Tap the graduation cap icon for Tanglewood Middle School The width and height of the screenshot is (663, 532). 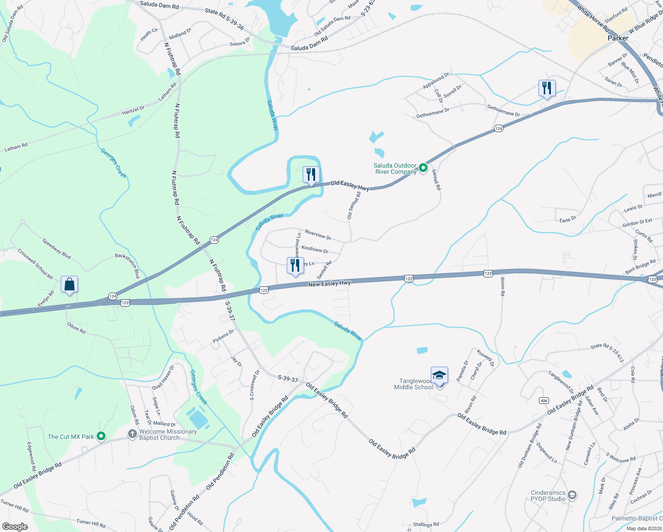439,376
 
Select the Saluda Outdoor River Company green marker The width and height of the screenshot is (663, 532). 423,168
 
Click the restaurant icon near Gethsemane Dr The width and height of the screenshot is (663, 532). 547,88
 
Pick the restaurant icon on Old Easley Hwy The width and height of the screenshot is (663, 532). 311,175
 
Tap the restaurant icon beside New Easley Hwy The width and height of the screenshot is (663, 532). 295,266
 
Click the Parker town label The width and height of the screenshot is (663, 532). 618,38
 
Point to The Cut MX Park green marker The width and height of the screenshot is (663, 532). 101,437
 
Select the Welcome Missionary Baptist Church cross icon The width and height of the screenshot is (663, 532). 132,434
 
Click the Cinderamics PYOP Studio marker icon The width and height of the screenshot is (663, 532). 572,495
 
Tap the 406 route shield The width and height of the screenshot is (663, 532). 544,400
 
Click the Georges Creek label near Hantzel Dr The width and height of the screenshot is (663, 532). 113,163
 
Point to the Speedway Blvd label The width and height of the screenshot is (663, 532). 56,248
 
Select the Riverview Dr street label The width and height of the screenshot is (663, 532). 318,235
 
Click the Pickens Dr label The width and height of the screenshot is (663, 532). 223,336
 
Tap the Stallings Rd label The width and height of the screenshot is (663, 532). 426,524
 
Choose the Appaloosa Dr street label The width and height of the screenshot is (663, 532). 436,81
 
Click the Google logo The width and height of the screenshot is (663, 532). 15,527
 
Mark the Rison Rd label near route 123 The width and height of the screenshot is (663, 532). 502,287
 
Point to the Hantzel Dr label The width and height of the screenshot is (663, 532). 133,110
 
